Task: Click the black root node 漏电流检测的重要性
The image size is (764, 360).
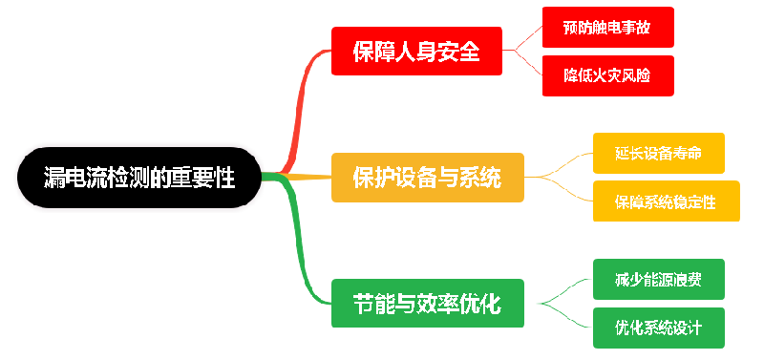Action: click(x=139, y=177)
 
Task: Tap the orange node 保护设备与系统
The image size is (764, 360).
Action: click(x=427, y=177)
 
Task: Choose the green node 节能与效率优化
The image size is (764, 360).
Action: click(x=427, y=304)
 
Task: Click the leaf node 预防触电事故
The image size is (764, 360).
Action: click(x=607, y=28)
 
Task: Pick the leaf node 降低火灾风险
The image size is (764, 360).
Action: click(x=607, y=75)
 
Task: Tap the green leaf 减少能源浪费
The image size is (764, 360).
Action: click(x=659, y=280)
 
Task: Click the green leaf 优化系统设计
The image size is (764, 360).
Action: click(x=659, y=328)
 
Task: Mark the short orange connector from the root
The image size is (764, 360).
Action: click(x=306, y=177)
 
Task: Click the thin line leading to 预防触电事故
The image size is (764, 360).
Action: click(x=524, y=38)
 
